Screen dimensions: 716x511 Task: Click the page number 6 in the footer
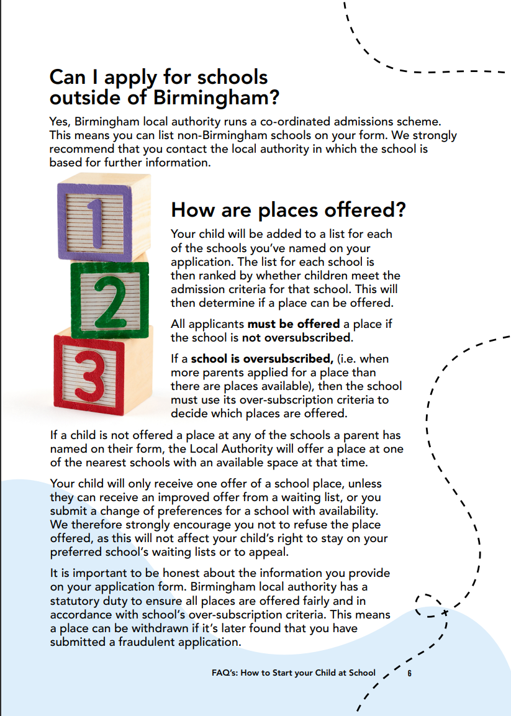(410, 673)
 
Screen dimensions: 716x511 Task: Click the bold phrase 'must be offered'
(294, 324)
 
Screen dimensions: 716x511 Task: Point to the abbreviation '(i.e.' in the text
(346, 358)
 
